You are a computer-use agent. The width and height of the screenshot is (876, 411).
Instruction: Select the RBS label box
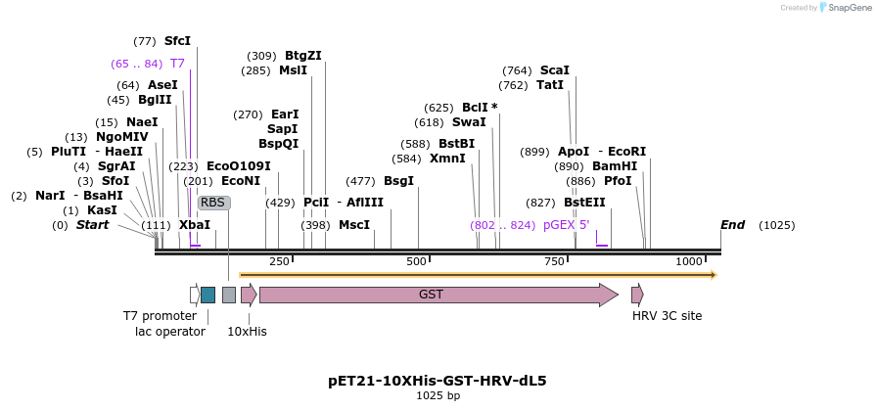tap(213, 203)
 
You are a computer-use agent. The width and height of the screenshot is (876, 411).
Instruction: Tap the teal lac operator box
tap(207, 295)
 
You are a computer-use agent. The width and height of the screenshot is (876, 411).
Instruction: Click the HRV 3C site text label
tap(667, 316)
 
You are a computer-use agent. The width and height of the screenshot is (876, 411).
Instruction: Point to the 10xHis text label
tap(247, 331)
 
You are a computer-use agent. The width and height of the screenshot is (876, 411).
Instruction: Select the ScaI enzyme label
tap(555, 70)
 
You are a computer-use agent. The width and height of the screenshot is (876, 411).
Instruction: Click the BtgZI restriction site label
tap(302, 56)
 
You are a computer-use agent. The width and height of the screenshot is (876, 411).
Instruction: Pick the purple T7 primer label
tap(177, 64)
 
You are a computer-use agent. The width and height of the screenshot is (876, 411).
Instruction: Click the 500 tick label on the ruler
tap(417, 261)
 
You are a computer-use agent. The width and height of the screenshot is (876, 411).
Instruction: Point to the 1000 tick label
tap(689, 261)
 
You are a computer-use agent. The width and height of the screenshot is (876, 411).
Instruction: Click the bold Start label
tap(92, 225)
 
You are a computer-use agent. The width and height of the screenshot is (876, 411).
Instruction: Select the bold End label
tap(732, 225)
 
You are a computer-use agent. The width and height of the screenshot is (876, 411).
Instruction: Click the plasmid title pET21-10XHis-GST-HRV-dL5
tap(438, 381)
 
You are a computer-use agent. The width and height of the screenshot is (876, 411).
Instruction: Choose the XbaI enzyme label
tap(194, 225)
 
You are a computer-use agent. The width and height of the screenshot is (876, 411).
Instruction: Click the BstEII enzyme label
tap(584, 203)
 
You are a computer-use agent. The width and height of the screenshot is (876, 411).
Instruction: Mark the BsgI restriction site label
tap(398, 181)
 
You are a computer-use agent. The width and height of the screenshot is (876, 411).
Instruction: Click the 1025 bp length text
tap(438, 396)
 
